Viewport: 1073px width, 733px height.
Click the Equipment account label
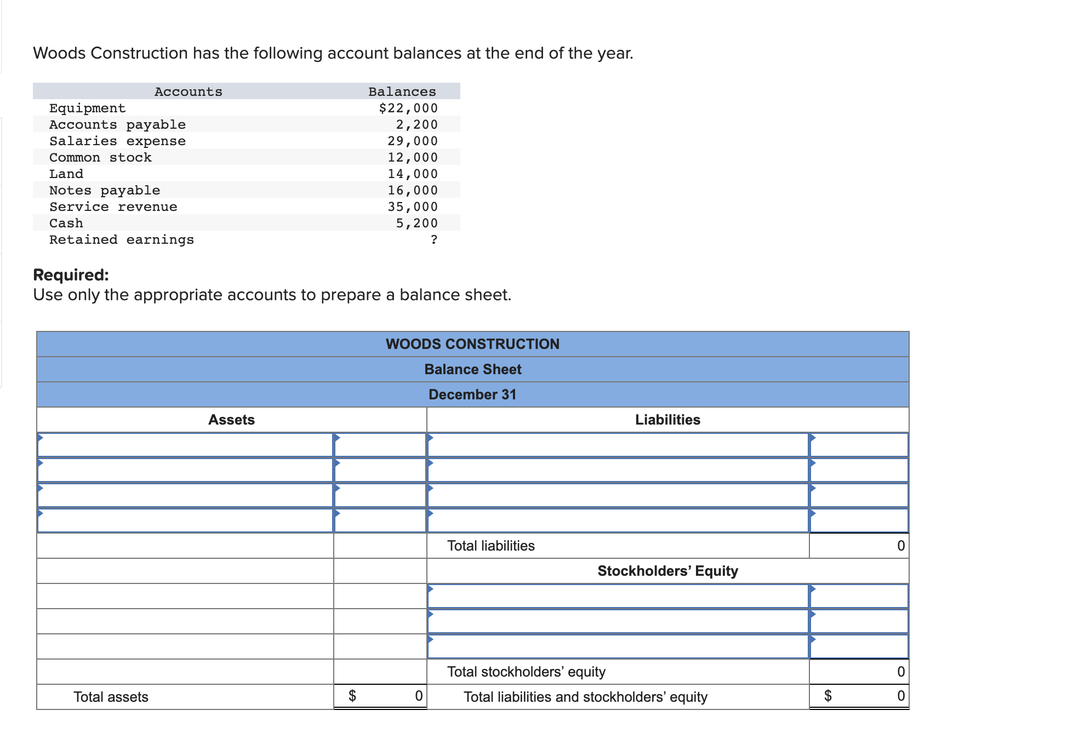[87, 108]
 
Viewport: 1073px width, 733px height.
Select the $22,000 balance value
[408, 108]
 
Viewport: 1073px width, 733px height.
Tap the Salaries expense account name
[117, 141]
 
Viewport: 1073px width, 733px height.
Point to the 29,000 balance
[412, 141]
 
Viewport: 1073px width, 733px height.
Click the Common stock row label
[100, 158]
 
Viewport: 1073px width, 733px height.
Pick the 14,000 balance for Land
[412, 174]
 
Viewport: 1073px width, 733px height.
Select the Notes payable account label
[105, 191]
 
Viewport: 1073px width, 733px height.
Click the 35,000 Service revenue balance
[412, 207]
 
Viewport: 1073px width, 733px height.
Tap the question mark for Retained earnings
[434, 240]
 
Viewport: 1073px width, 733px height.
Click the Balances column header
[402, 91]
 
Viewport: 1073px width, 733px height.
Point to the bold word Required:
[71, 274]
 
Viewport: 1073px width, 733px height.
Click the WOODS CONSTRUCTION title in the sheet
[472, 344]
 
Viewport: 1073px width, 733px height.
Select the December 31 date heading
[472, 394]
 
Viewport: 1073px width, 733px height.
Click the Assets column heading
[231, 420]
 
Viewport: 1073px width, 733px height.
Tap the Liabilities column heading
[667, 420]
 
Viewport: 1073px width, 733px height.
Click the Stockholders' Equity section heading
[667, 571]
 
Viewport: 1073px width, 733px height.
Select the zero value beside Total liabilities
[900, 546]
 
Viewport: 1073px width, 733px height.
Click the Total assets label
[111, 697]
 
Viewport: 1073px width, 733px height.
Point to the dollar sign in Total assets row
[352, 696]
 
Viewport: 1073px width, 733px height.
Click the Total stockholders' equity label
[526, 672]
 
